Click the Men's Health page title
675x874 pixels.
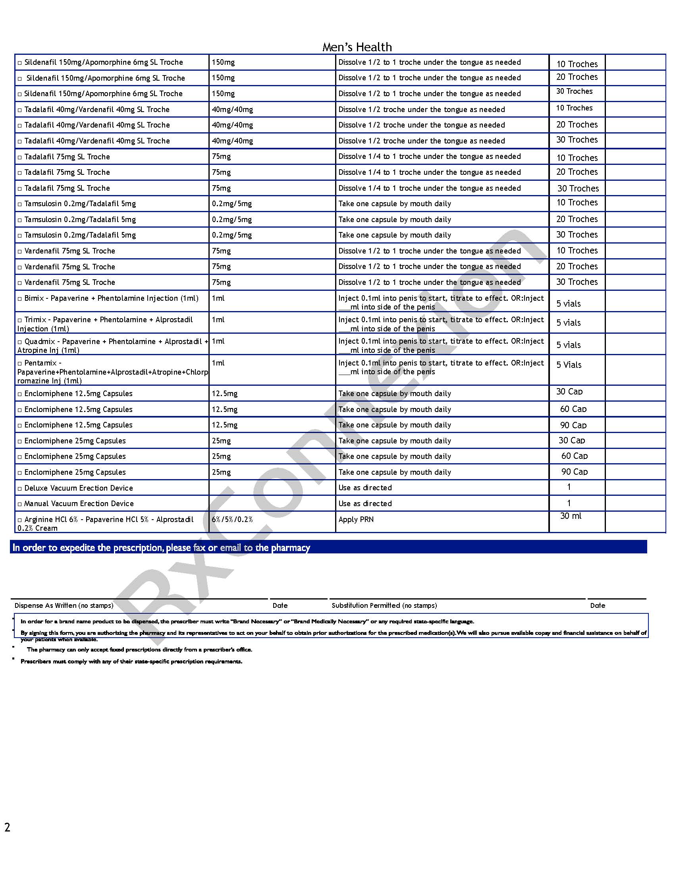pyautogui.click(x=357, y=47)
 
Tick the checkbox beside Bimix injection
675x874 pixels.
pyautogui.click(x=19, y=299)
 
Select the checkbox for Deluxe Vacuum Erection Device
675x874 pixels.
pyautogui.click(x=19, y=489)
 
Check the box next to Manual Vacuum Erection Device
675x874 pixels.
pyautogui.click(x=19, y=504)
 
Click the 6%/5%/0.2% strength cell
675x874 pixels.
pyautogui.click(x=232, y=520)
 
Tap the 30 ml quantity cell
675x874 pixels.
pyautogui.click(x=571, y=516)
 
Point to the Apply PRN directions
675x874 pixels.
pyautogui.click(x=356, y=520)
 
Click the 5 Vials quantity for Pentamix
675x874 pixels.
pyautogui.click(x=569, y=365)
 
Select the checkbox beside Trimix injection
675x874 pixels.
pyautogui.click(x=19, y=321)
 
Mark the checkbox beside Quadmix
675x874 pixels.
pyautogui.click(x=19, y=342)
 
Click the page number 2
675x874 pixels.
pyautogui.click(x=7, y=827)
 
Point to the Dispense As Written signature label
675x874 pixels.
pyautogui.click(x=64, y=605)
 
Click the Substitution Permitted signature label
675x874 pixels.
pyautogui.click(x=384, y=605)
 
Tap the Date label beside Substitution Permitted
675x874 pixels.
pyautogui.click(x=598, y=605)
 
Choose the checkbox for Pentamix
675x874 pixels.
pyautogui.click(x=19, y=364)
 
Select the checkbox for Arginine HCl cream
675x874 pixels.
pyautogui.click(x=19, y=520)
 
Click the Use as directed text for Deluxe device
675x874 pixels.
pyautogui.click(x=364, y=488)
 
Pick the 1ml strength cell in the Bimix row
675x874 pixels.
pyautogui.click(x=218, y=298)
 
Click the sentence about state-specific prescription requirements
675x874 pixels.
pyautogui.click(x=131, y=661)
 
